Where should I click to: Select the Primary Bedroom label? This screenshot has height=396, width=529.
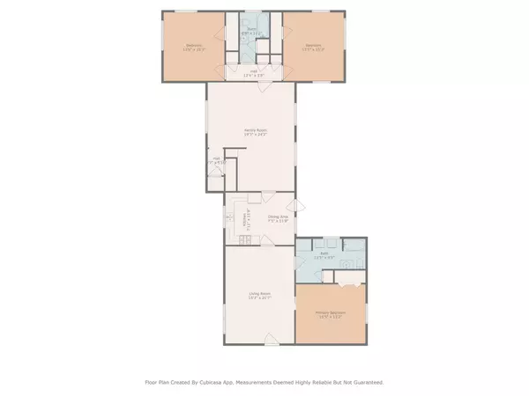(328, 314)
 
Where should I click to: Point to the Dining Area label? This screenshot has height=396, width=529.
(279, 217)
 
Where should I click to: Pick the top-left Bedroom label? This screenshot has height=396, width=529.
(194, 47)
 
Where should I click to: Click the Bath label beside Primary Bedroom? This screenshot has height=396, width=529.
(324, 255)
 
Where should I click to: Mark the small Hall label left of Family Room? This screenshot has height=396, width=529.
(216, 161)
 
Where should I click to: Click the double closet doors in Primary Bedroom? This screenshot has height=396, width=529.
(346, 284)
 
